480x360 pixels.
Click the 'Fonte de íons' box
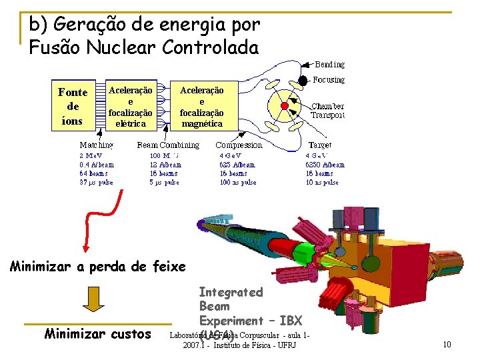tap(73, 107)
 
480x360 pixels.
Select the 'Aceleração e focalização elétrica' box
tap(131, 107)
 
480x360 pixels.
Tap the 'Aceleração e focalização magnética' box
tap(201, 107)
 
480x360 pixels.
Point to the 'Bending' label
tap(330, 65)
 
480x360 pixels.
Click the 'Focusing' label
tap(329, 80)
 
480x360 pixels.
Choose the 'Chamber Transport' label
tap(327, 111)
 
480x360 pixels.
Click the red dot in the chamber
tap(285, 106)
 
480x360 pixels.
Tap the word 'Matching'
tap(96, 145)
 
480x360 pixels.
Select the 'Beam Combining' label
tap(168, 145)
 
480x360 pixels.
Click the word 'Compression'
tap(239, 145)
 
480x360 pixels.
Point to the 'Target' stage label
tap(320, 145)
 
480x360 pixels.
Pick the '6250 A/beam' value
tap(325, 165)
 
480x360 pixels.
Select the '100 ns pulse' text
tap(238, 182)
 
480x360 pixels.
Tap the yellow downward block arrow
tap(93, 301)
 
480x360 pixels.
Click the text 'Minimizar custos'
tap(98, 333)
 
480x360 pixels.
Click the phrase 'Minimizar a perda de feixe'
tap(98, 267)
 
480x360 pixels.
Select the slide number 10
tap(447, 344)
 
